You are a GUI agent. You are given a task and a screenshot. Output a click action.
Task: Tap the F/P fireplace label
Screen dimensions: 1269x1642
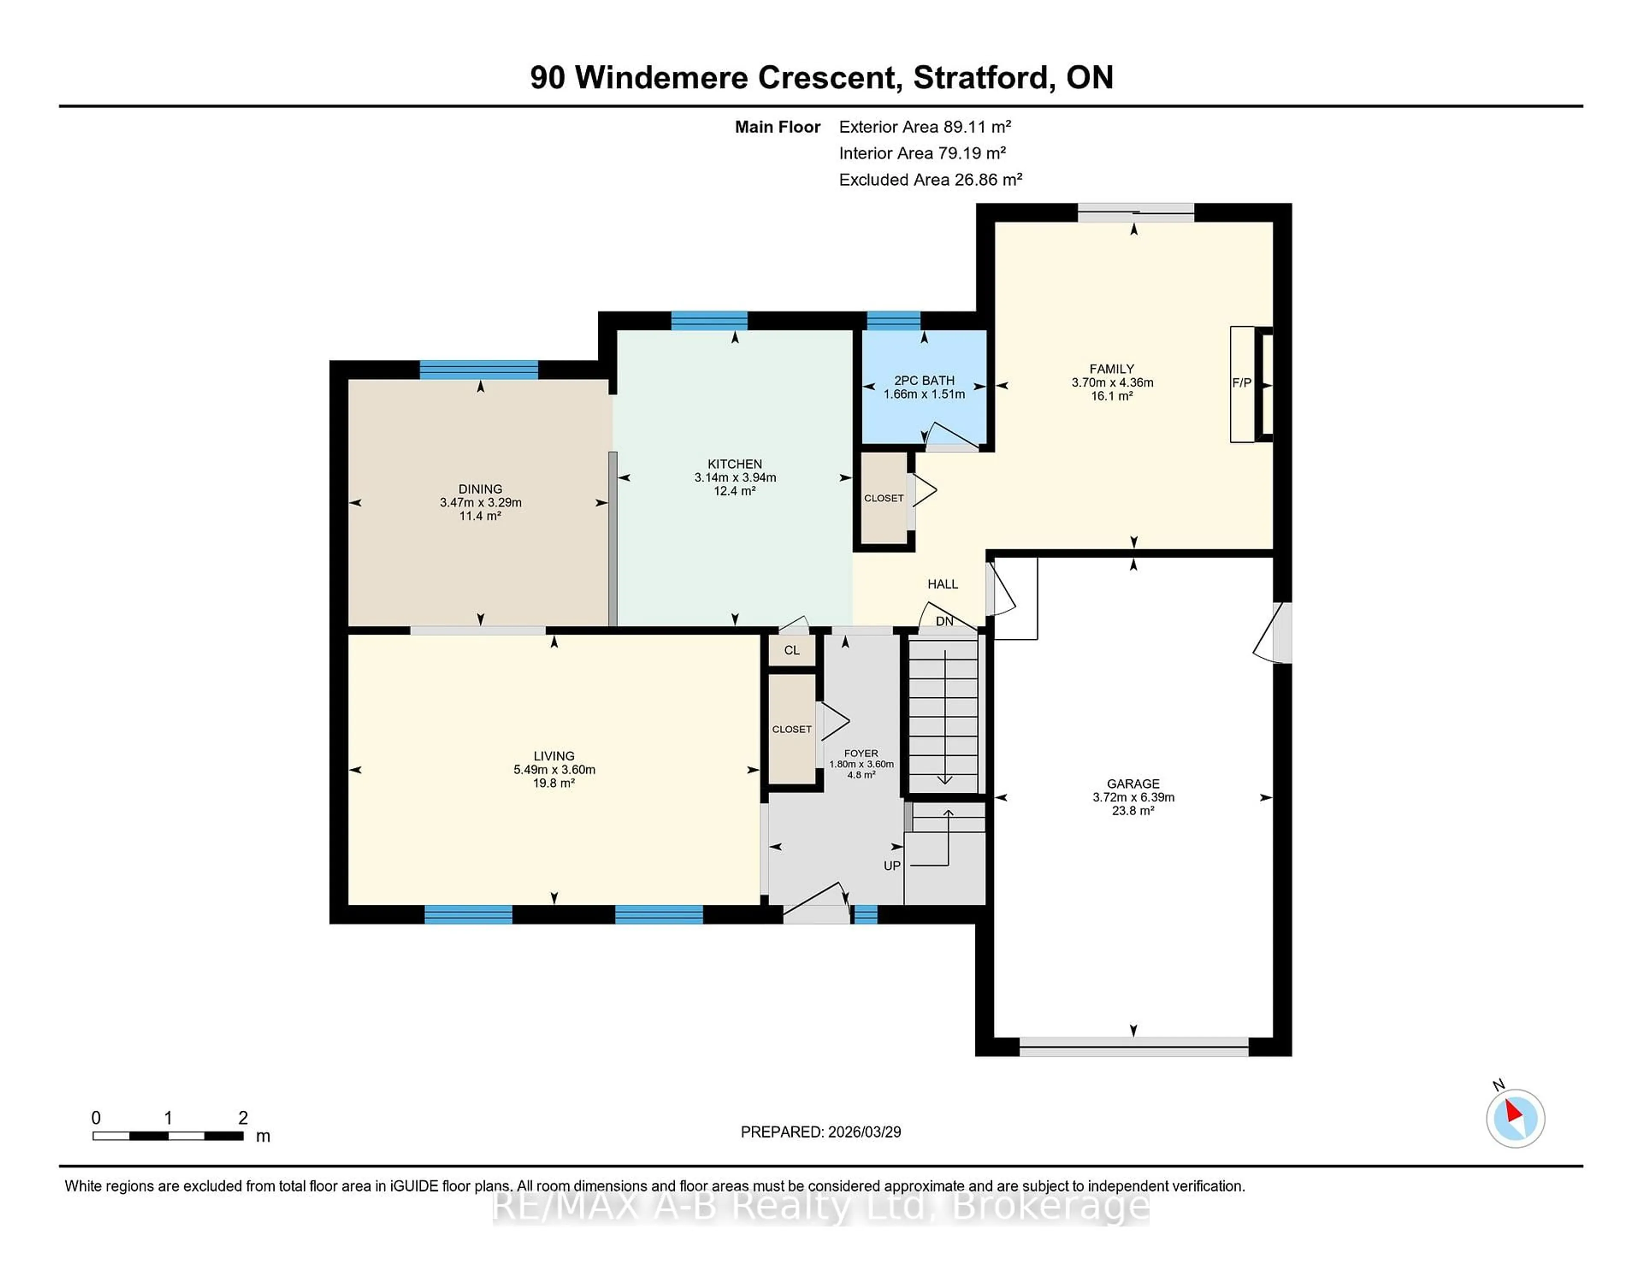pyautogui.click(x=1241, y=383)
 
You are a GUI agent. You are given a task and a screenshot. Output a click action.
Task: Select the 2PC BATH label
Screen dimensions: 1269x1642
pyautogui.click(x=924, y=381)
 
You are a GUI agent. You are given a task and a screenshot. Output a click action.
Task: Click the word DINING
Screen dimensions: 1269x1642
pyautogui.click(x=481, y=489)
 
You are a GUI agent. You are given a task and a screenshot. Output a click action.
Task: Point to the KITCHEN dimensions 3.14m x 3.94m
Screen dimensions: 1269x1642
pyautogui.click(x=735, y=478)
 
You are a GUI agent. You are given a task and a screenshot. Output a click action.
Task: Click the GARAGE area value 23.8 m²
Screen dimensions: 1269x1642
pyautogui.click(x=1133, y=810)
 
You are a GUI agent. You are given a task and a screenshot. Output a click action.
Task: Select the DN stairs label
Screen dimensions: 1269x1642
pyautogui.click(x=944, y=621)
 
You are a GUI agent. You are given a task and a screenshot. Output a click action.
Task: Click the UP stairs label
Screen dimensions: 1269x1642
pyautogui.click(x=892, y=865)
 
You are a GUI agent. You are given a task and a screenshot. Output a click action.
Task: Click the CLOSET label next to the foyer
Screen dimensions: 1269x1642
pyautogui.click(x=791, y=729)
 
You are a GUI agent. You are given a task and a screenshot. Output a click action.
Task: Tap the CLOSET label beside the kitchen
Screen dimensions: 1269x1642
pyautogui.click(x=883, y=498)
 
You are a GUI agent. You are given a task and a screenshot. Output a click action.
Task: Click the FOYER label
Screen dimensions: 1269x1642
pyautogui.click(x=861, y=753)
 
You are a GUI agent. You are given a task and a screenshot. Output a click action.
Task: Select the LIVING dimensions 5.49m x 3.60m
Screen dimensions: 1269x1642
pyautogui.click(x=554, y=769)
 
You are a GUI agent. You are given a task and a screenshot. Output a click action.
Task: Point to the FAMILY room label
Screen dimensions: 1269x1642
pyautogui.click(x=1111, y=369)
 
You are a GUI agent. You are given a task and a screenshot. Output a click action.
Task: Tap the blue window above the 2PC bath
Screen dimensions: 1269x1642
pyautogui.click(x=893, y=320)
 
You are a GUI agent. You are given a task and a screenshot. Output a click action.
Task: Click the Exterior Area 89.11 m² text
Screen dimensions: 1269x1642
pyautogui.click(x=925, y=126)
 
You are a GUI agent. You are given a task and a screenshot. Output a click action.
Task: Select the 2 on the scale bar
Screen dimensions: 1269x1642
pyautogui.click(x=243, y=1118)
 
